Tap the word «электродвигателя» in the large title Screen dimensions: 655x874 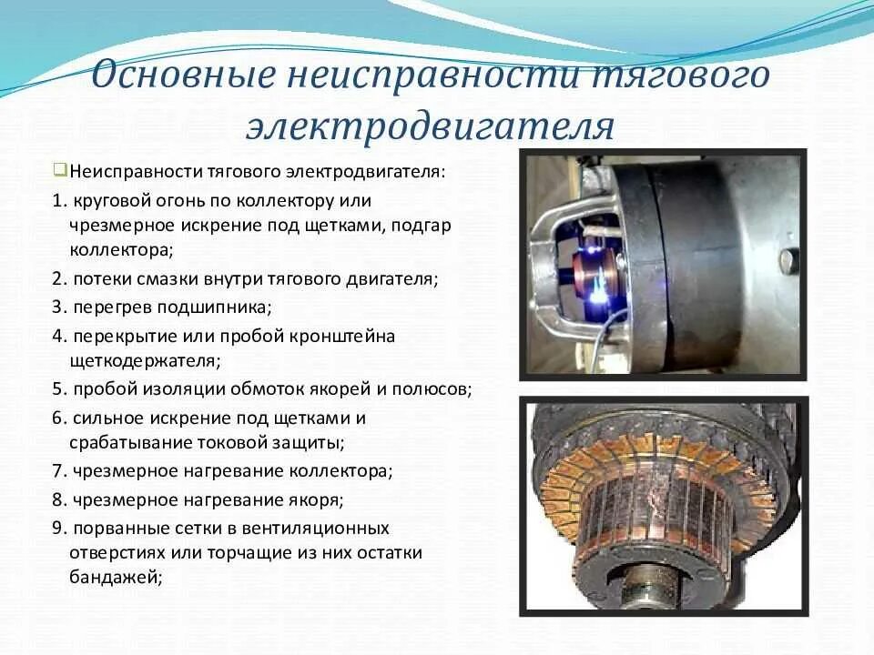429,126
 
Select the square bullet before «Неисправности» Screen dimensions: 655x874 60,170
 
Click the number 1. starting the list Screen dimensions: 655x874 58,199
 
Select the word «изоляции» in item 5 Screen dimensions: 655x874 174,389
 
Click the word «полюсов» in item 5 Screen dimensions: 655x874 436,389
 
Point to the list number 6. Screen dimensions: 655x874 58,418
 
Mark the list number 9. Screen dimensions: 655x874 58,528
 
